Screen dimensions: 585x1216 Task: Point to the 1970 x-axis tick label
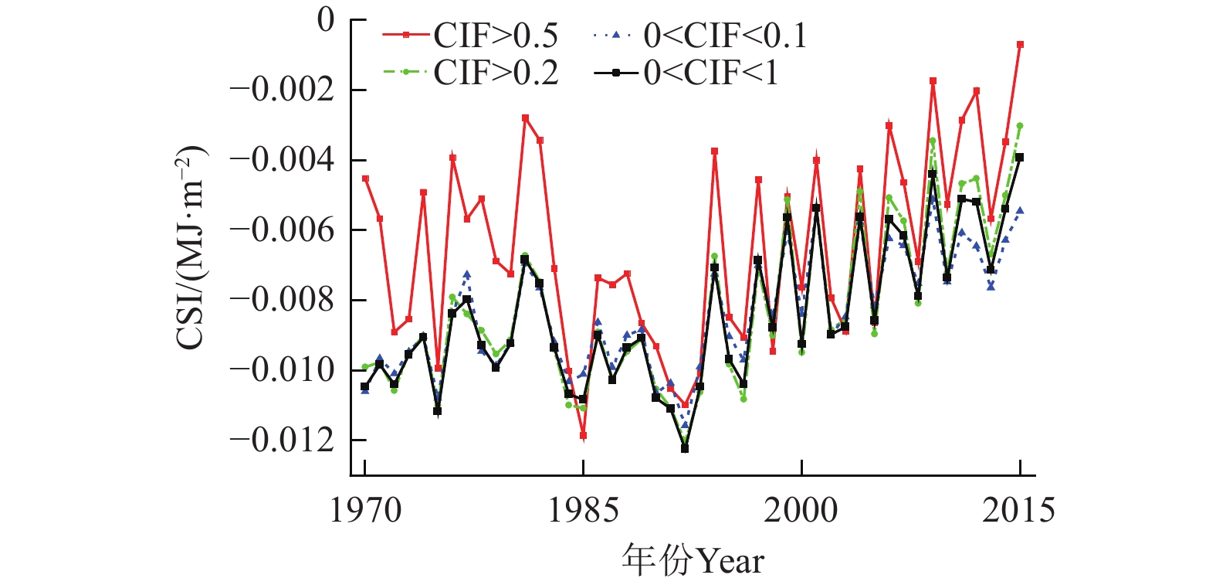click(365, 511)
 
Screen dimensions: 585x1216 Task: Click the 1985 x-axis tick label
click(583, 511)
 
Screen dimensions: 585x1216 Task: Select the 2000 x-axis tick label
click(801, 511)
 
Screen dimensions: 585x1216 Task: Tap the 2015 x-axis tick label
click(1018, 511)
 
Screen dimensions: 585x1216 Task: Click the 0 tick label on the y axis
click(326, 20)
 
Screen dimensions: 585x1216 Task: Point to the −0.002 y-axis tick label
click(282, 90)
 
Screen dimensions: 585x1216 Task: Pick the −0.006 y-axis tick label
click(282, 230)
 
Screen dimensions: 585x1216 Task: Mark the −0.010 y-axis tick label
click(282, 370)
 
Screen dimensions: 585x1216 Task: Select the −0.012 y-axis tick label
click(282, 440)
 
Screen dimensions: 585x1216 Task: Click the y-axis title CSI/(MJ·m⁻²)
click(191, 247)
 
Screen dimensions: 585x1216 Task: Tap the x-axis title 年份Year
click(693, 561)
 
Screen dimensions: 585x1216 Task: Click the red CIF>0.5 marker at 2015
click(1020, 45)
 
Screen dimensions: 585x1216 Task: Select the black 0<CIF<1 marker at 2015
click(1019, 158)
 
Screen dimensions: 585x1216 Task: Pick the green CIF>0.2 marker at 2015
click(1019, 126)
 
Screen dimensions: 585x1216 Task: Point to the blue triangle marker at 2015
click(1020, 210)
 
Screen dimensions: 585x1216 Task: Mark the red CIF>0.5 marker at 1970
click(365, 179)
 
